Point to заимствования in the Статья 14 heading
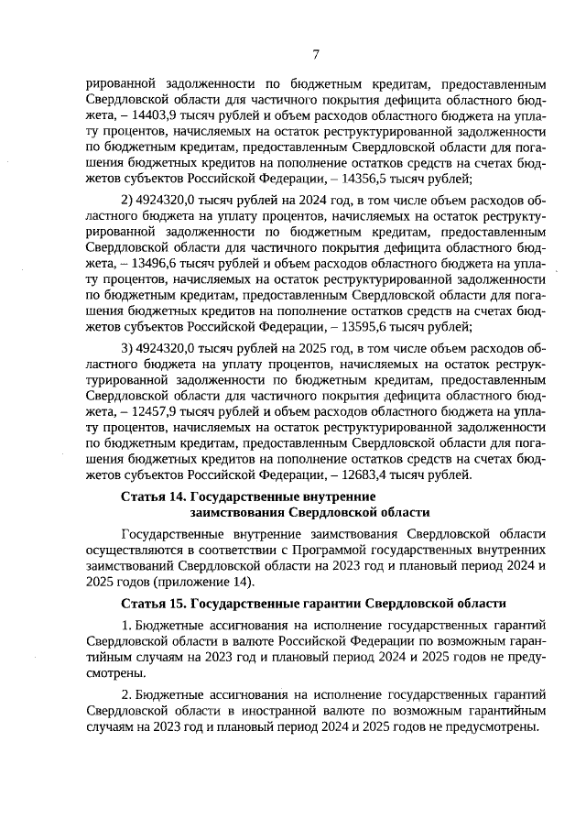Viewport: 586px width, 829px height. pyautogui.click(x=233, y=512)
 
